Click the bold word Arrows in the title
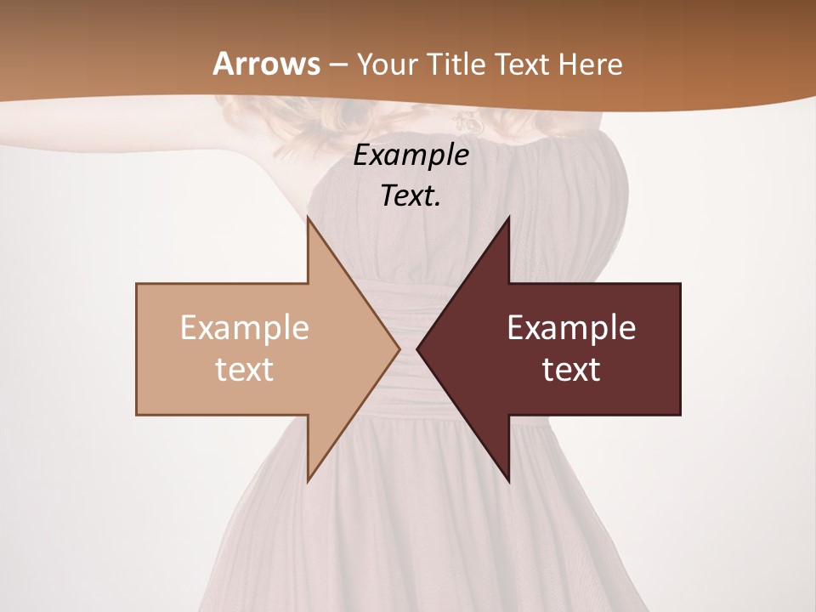coord(266,64)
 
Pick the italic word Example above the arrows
coord(411,156)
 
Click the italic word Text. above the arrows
coord(411,196)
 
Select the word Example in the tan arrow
coord(245,328)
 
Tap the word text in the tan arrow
coord(245,370)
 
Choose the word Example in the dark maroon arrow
coord(571,328)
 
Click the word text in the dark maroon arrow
coord(571,370)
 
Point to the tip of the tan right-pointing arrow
coord(398,348)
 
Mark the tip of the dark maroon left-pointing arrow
coord(418,348)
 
